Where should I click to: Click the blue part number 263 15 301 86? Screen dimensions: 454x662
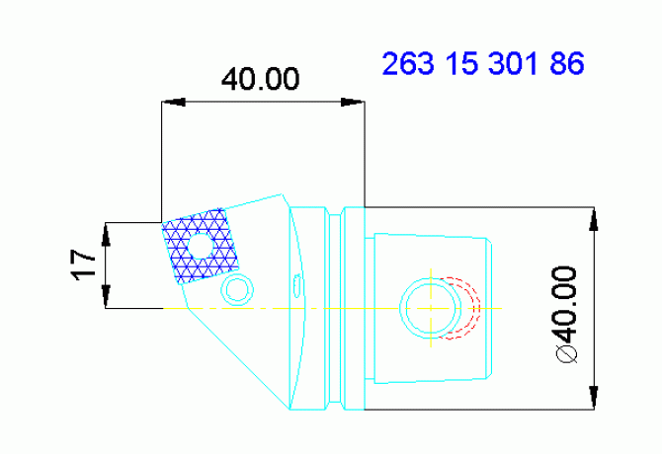click(x=483, y=64)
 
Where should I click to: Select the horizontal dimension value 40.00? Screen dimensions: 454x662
click(x=260, y=80)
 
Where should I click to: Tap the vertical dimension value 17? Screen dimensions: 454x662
click(x=84, y=264)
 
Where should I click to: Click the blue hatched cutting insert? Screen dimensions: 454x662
click(x=201, y=246)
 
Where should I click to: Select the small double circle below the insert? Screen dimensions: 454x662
click(x=237, y=288)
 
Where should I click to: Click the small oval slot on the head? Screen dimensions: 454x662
click(x=297, y=285)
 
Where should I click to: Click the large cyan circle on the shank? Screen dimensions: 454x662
click(x=431, y=308)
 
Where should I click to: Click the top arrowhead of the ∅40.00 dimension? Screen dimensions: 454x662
click(x=594, y=218)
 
